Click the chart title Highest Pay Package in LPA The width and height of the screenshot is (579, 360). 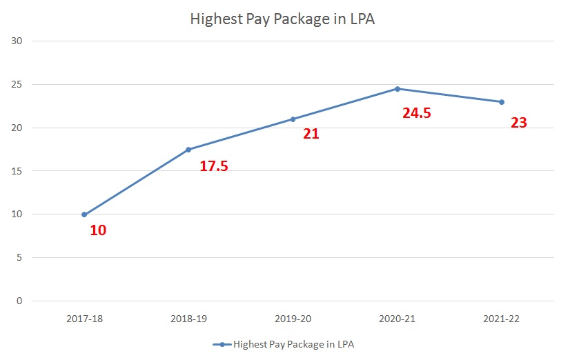[x=282, y=19]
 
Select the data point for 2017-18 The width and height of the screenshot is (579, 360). [x=84, y=214]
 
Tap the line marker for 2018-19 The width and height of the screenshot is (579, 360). [x=188, y=150]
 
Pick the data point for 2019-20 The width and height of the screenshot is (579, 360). [x=293, y=119]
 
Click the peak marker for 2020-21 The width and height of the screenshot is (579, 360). [x=398, y=89]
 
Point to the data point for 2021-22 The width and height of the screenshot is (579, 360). [x=502, y=102]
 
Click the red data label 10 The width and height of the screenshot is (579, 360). [x=98, y=230]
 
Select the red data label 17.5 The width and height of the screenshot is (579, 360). [x=214, y=166]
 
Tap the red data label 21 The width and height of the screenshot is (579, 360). [x=311, y=134]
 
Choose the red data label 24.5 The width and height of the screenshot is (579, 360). [x=417, y=113]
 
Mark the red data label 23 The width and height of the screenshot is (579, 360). [x=519, y=123]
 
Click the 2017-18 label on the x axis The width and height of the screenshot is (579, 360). [x=84, y=319]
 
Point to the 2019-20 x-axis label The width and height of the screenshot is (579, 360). [x=293, y=319]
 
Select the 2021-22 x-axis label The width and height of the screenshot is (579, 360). [x=502, y=319]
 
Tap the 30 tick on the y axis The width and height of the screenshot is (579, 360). [x=17, y=41]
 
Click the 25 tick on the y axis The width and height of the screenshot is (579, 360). [x=17, y=85]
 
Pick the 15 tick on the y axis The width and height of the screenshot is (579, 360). [x=17, y=171]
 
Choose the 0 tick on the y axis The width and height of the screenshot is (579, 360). [x=20, y=301]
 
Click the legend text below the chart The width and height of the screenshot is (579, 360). [x=293, y=343]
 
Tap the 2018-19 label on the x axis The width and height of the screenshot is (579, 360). [x=188, y=319]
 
